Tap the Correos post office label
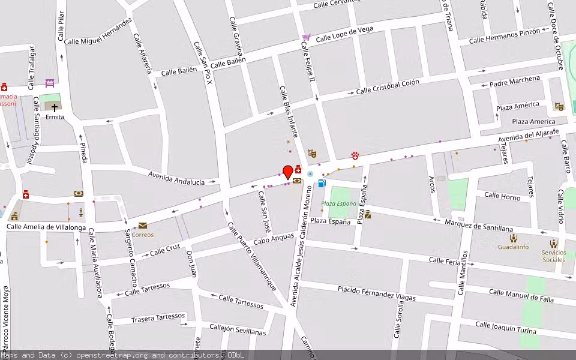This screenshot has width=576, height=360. point(143,234)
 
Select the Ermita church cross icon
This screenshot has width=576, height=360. point(55,108)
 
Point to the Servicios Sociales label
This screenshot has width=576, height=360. point(553,256)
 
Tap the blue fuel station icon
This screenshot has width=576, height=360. point(322,183)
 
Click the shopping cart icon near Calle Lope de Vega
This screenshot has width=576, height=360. point(307,37)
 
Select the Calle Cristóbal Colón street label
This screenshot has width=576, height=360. point(388,87)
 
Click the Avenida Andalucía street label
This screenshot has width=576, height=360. point(176,178)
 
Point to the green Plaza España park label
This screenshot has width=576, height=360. point(338,203)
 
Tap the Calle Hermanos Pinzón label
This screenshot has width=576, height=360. point(505,36)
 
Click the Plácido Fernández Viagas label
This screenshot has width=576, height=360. point(376,293)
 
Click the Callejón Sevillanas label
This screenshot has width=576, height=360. point(238,331)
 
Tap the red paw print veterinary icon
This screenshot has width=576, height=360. point(355,155)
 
